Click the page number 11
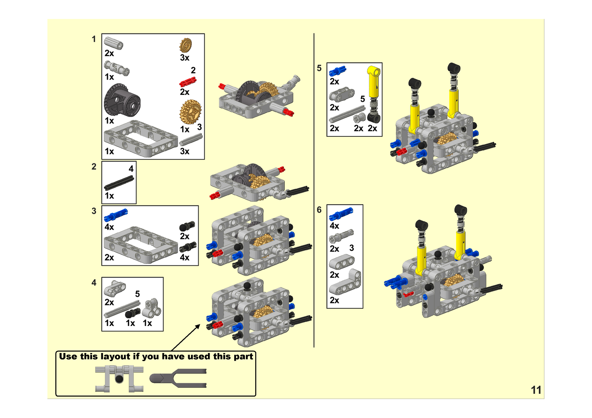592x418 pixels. pyautogui.click(x=536, y=390)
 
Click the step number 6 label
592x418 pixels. pyautogui.click(x=319, y=210)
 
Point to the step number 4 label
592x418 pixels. pyautogui.click(x=94, y=283)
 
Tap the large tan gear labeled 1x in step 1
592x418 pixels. pyautogui.click(x=190, y=112)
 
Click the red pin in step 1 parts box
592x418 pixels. pyautogui.click(x=188, y=82)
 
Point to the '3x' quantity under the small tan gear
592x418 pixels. pyautogui.click(x=185, y=58)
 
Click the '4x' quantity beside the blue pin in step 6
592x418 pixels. pyautogui.click(x=334, y=226)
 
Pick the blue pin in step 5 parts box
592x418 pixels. pyautogui.click(x=338, y=71)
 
